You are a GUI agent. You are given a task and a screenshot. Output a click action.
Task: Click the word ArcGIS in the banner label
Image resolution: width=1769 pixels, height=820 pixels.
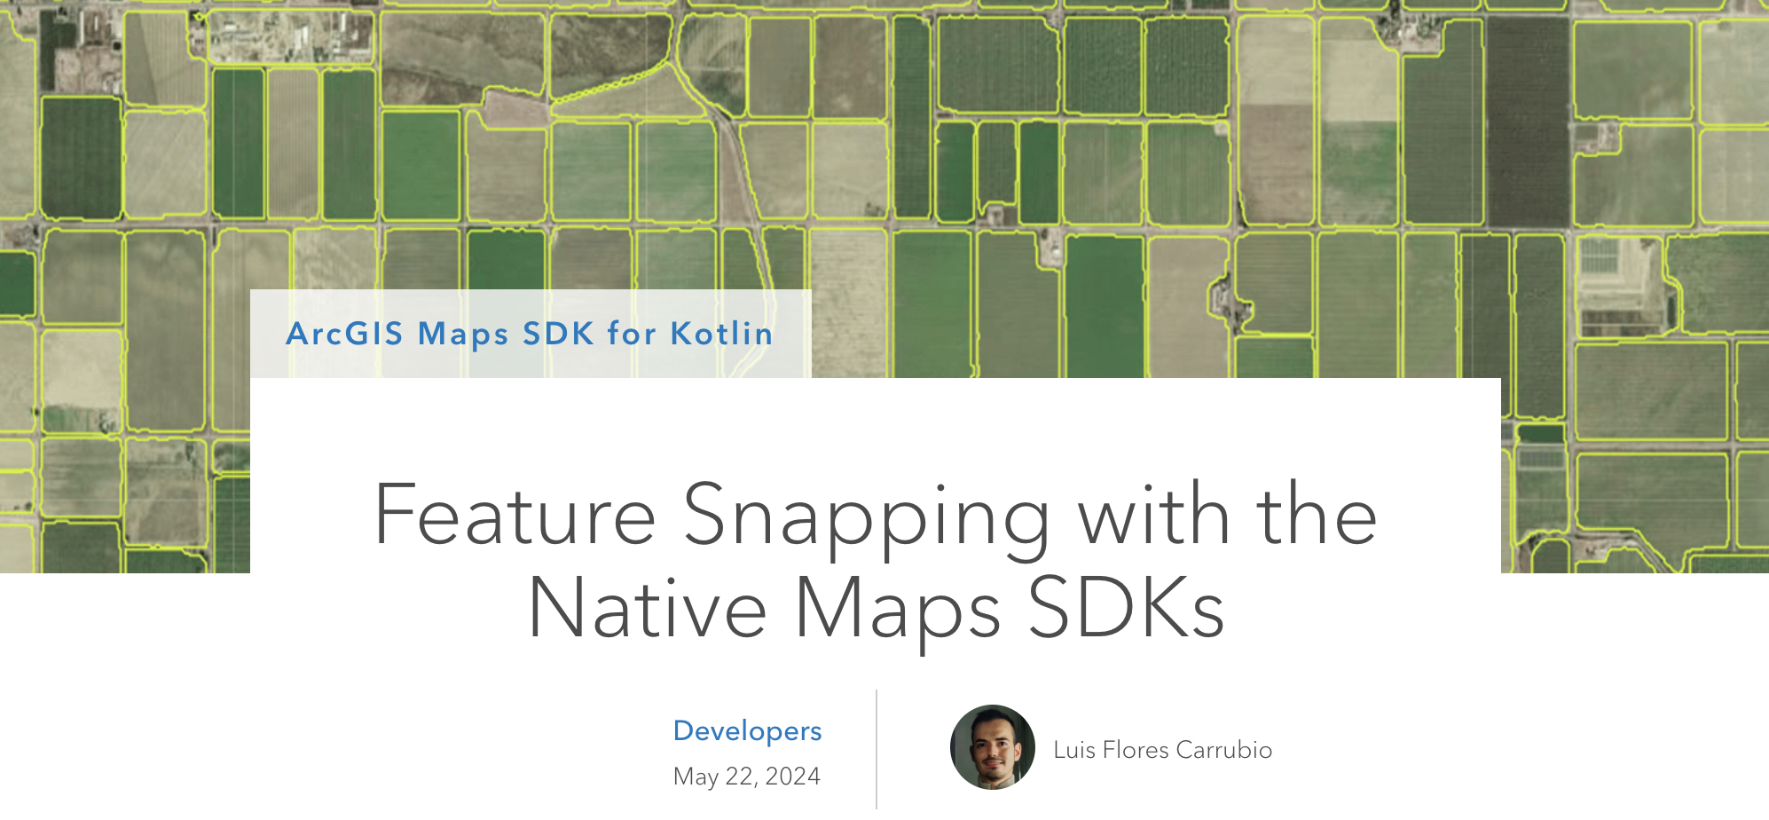click(344, 334)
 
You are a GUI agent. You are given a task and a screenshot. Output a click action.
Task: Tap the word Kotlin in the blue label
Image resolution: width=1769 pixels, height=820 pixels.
click(721, 334)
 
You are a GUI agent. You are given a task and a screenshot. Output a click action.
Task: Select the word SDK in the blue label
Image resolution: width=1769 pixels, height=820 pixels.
click(558, 334)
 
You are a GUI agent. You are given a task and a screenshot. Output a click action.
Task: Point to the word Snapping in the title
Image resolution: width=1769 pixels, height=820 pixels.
click(866, 517)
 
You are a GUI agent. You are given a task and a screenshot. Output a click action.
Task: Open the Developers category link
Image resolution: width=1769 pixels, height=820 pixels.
click(747, 730)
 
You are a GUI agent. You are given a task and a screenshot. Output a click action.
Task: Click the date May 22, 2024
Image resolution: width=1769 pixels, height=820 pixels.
click(746, 777)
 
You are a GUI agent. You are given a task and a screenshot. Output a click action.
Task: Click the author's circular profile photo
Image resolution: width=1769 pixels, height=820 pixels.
click(992, 747)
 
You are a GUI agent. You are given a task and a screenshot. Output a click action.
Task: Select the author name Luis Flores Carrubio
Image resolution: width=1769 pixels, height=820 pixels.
click(1162, 750)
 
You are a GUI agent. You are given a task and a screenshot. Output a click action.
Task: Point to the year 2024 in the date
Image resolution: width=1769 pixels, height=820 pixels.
click(792, 777)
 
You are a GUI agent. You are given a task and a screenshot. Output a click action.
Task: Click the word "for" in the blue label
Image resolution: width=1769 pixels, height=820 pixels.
click(632, 334)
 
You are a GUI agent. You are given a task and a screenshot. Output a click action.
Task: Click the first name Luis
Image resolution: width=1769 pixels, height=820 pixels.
click(1074, 750)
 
